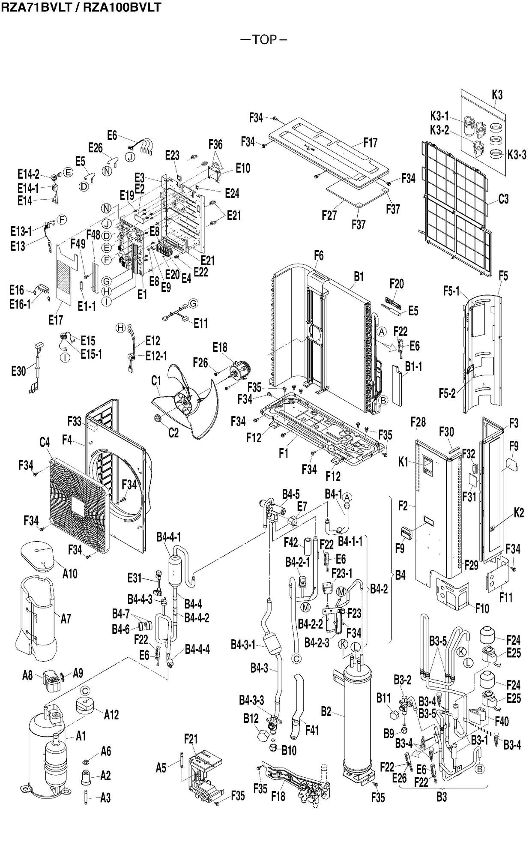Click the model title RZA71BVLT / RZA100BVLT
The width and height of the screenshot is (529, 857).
click(81, 7)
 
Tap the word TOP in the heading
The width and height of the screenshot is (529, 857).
click(264, 40)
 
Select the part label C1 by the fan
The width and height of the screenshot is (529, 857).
click(156, 381)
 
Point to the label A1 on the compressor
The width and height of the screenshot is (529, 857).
click(81, 736)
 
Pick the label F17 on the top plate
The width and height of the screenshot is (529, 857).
click(371, 143)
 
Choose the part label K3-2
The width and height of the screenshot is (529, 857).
click(439, 130)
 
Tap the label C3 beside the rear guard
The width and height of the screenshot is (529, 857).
click(503, 199)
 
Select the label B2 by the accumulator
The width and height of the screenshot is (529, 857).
click(326, 712)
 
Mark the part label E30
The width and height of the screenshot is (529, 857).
click(18, 371)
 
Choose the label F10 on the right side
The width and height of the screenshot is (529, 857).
click(482, 608)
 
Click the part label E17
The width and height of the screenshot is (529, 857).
click(56, 320)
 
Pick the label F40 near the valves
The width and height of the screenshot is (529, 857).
click(502, 721)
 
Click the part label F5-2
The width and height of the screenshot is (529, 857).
click(447, 393)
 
